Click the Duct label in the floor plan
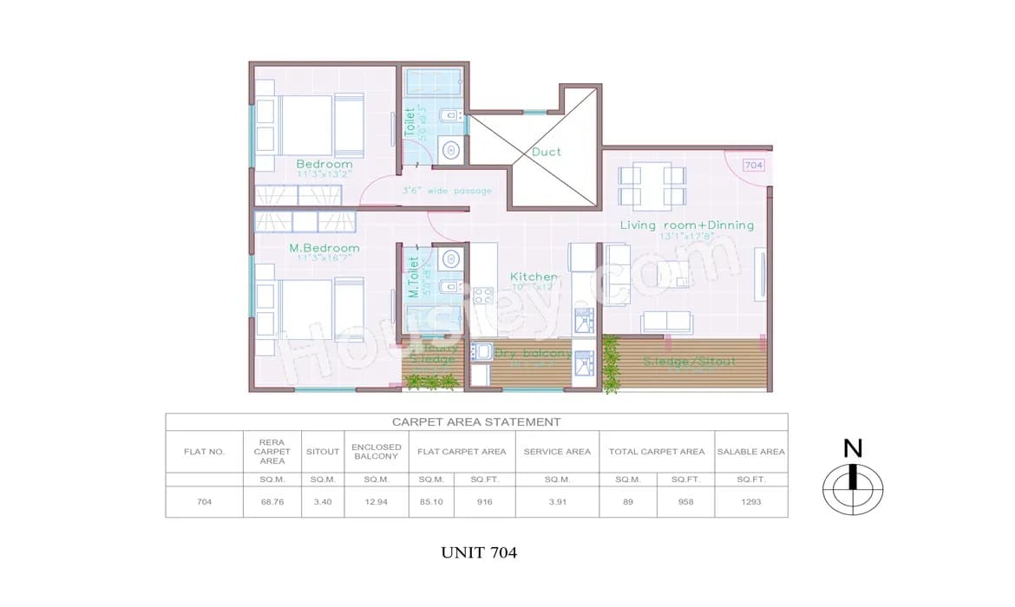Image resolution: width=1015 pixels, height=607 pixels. [547, 152]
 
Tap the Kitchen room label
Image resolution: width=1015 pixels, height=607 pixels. [534, 277]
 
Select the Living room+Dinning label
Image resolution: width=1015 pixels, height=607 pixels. [686, 225]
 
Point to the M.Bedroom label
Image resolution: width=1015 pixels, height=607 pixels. [324, 248]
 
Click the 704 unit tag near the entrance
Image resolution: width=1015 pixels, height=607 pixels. [754, 165]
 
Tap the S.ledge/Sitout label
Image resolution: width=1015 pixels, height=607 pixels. [690, 361]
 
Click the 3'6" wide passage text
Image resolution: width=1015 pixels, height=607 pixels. [447, 191]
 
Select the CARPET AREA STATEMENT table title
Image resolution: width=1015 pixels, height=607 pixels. [476, 422]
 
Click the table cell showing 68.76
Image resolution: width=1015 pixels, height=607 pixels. [272, 502]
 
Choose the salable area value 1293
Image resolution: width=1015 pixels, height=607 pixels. [750, 502]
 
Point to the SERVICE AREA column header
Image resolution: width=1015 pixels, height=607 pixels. [556, 452]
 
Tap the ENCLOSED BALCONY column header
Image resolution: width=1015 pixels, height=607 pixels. [377, 452]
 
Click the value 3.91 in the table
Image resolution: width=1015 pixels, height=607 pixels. [556, 502]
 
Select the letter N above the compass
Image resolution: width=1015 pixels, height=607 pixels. [854, 448]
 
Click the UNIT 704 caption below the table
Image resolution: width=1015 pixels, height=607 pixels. [479, 552]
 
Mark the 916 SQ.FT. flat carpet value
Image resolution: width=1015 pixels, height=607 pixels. [484, 502]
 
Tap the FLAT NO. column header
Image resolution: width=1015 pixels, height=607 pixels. [204, 452]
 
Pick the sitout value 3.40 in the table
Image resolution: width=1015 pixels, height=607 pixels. [323, 502]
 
